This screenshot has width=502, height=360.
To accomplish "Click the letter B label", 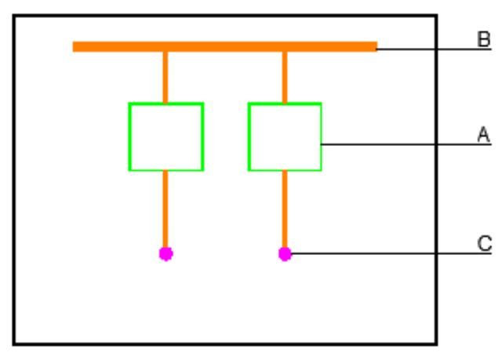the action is click(x=483, y=39).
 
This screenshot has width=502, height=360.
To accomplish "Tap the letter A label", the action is click(x=483, y=134).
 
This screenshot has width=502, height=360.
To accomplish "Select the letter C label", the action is click(x=485, y=243).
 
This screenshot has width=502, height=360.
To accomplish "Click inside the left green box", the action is click(x=166, y=137).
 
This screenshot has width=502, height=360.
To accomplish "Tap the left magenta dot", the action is click(x=166, y=254).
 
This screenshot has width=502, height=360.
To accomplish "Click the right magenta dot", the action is click(x=285, y=254).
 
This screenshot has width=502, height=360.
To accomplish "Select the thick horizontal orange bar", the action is click(x=225, y=47).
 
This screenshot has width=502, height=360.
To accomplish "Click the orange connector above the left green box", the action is click(x=166, y=77).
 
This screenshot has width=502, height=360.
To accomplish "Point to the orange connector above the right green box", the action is click(x=285, y=77).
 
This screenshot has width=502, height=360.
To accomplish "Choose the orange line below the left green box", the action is click(x=166, y=209).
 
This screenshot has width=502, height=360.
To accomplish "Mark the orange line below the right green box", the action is click(x=285, y=209).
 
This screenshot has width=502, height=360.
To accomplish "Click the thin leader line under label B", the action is click(x=435, y=49).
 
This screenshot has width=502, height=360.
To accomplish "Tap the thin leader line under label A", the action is click(x=406, y=144).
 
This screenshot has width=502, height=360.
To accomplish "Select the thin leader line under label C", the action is click(x=391, y=253).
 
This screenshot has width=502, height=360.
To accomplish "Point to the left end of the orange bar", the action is click(x=73, y=47).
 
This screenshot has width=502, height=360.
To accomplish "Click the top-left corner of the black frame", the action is click(x=14, y=16).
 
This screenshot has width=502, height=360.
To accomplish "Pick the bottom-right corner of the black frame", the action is click(x=436, y=344).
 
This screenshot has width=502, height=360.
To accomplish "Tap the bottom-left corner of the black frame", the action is click(x=14, y=344).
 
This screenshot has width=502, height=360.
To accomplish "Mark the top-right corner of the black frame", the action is click(x=436, y=16).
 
